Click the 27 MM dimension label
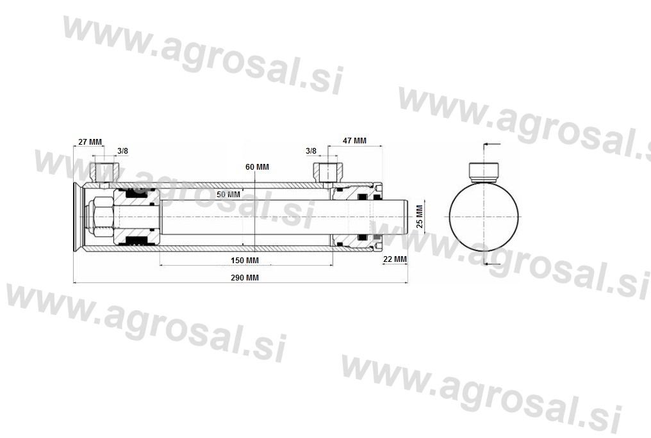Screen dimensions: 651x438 [90, 142]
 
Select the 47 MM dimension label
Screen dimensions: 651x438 [354, 141]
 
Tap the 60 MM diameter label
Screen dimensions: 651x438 [257, 166]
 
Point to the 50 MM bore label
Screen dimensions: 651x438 [228, 195]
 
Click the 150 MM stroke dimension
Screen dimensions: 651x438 [245, 261]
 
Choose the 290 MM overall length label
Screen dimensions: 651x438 [245, 277]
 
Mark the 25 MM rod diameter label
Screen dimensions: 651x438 [420, 216]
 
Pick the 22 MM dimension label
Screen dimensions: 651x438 [395, 259]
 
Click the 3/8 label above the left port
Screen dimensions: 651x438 [122, 151]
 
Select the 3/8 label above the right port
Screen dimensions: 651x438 [311, 151]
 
